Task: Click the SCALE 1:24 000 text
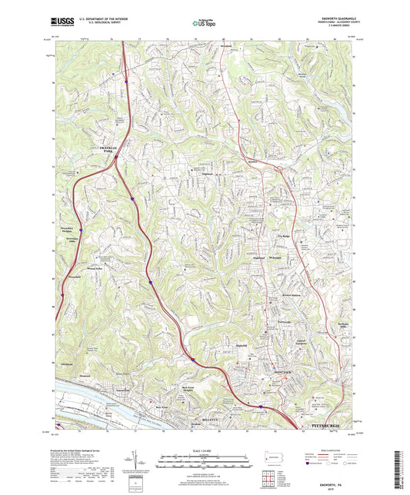[x=204, y=450]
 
